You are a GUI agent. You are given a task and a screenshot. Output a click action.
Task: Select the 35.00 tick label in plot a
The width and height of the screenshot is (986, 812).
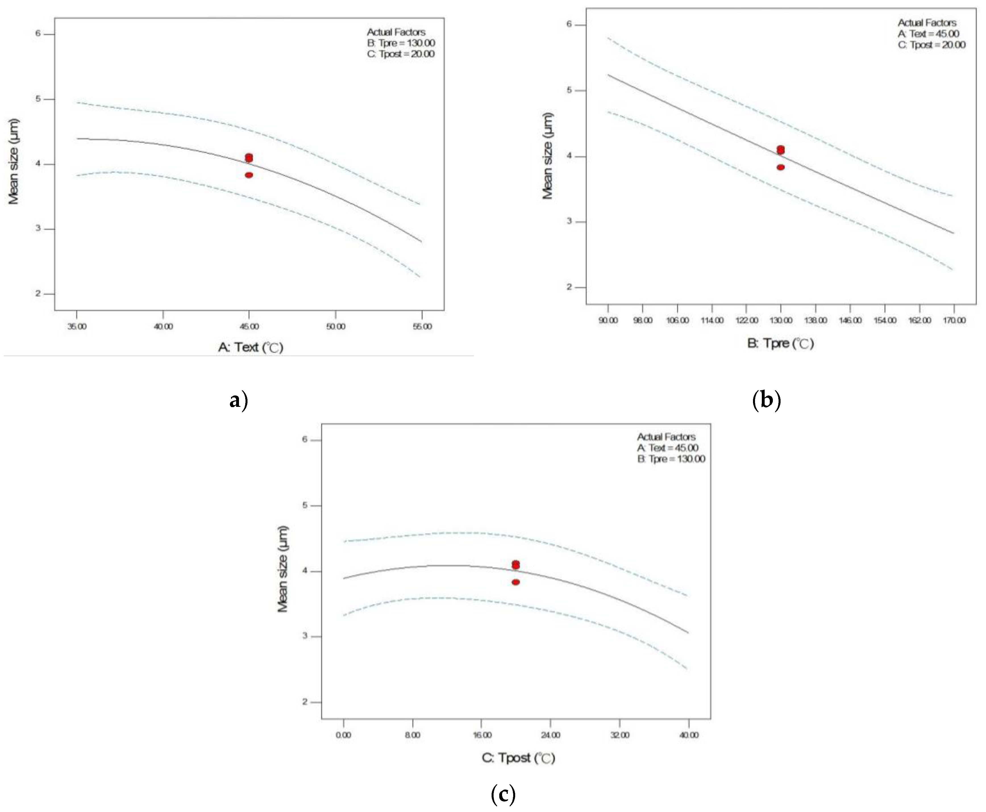pyautogui.click(x=77, y=326)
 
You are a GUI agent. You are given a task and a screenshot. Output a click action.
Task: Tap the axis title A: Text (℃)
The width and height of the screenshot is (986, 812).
pyautogui.click(x=251, y=347)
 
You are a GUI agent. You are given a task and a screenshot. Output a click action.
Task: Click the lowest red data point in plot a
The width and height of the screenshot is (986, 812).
pyautogui.click(x=249, y=175)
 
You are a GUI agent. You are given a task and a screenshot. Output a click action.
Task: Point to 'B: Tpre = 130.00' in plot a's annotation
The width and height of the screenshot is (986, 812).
pyautogui.click(x=401, y=43)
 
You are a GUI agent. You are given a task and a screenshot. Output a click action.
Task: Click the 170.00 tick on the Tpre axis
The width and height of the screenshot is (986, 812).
pyautogui.click(x=954, y=320)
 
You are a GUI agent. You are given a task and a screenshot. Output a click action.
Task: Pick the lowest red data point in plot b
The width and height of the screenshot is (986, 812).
pyautogui.click(x=780, y=167)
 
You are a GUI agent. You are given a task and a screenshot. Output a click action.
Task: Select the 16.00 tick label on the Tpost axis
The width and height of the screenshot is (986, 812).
pyautogui.click(x=482, y=735)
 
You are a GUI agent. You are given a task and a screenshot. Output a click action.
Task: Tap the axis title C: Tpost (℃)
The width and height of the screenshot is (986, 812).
pyautogui.click(x=518, y=758)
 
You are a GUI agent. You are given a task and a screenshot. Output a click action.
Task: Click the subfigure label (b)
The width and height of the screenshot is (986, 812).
pyautogui.click(x=766, y=400)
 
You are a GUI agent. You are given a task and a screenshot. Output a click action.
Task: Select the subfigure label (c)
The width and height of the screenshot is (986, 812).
pyautogui.click(x=503, y=794)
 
